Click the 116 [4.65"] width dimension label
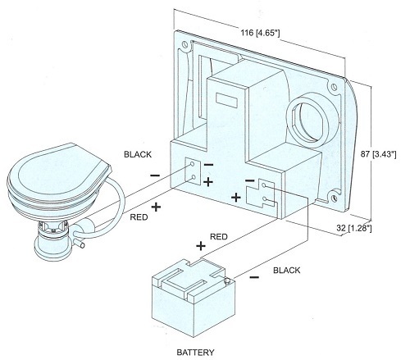pos(260,33)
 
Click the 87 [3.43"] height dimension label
pos(378,154)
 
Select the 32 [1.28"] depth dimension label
pos(353,228)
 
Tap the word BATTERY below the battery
pos(195,353)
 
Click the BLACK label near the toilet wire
pos(138,154)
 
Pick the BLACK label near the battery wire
pos(287,271)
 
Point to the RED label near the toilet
pos(139,217)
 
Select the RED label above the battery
pos(219,237)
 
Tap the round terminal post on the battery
pos(227,280)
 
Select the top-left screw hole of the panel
pos(184,44)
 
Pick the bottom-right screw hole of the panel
pos(333,198)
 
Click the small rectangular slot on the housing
pos(226,100)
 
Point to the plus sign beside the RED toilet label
pos(156,207)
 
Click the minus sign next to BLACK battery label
pos(254,278)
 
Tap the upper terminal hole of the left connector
pos(192,164)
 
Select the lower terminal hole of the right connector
pos(264,198)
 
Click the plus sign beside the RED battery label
pos(201,246)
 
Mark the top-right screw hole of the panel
pos(334,87)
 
